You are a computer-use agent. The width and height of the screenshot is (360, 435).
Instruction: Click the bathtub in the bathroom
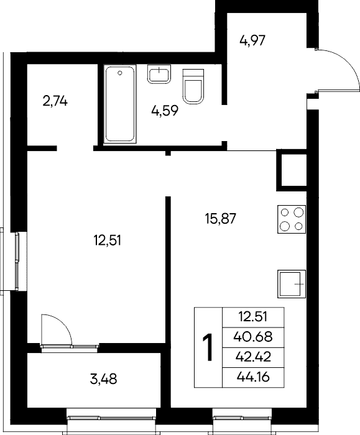tap(120, 104)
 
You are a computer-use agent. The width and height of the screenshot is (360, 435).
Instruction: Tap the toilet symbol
tap(193, 86)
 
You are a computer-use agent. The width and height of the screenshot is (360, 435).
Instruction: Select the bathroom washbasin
tap(159, 74)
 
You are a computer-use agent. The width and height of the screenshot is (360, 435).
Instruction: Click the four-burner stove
tap(292, 219)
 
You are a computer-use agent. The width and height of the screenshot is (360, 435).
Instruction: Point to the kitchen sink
tap(292, 284)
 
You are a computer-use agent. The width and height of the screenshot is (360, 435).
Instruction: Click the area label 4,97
tap(252, 40)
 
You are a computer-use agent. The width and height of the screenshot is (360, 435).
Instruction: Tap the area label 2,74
tap(55, 101)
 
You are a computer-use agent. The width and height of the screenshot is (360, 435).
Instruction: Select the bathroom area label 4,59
tap(165, 111)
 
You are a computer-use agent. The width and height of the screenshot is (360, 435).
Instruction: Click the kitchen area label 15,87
tap(220, 218)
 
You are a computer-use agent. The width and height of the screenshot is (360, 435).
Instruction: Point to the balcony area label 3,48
tap(104, 379)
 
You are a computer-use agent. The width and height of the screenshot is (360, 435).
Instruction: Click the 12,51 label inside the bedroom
tap(108, 240)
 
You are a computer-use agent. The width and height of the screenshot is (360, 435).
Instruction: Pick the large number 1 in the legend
tap(208, 347)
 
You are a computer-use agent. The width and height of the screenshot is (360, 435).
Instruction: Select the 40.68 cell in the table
tap(253, 337)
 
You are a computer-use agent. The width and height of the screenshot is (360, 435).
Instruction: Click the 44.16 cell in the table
tap(253, 377)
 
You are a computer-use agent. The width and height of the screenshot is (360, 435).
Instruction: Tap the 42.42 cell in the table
tap(253, 357)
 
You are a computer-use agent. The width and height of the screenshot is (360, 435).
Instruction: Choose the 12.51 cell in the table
tap(253, 316)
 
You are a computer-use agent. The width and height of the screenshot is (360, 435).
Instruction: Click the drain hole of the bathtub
tap(120, 73)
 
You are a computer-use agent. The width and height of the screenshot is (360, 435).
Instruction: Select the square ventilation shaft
tap(292, 170)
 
